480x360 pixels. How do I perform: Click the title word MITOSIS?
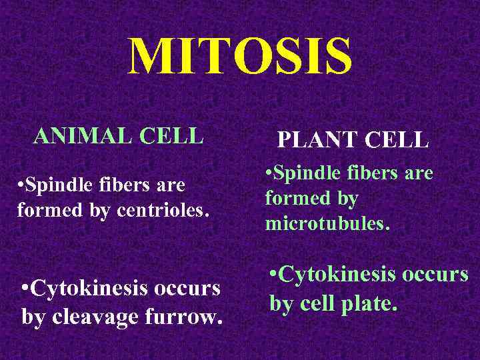240,57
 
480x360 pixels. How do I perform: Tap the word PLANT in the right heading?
315,140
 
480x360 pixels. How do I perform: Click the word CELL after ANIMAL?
172,136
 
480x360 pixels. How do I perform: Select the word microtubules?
327,224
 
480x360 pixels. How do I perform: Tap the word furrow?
189,316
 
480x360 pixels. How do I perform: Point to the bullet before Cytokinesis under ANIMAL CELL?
25,289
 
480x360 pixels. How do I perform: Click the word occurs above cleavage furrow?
188,289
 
